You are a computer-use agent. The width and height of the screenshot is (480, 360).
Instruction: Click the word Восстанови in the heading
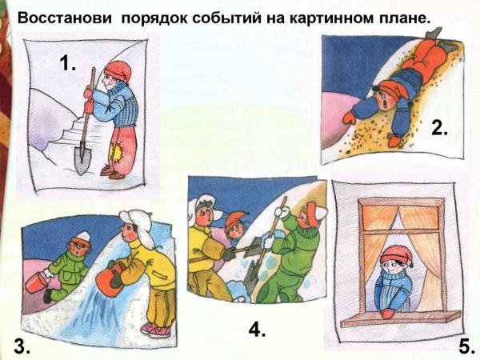[x=64, y=18]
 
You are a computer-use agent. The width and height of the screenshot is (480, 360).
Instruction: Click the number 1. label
[x=68, y=64]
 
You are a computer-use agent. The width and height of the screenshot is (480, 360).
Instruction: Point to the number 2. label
[x=439, y=127]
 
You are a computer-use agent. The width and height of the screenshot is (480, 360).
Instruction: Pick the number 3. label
[x=22, y=346]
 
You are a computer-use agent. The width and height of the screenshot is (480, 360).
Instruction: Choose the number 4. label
[x=257, y=330]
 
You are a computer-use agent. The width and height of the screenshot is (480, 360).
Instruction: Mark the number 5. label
[x=467, y=348]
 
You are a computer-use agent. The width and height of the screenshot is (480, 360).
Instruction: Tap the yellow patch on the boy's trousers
[x=116, y=153]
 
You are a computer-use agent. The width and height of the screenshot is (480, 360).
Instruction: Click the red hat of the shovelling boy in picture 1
[x=118, y=70]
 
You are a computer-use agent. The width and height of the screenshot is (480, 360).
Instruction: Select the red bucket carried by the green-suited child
[x=36, y=282]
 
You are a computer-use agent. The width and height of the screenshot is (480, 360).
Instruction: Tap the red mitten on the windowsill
[x=387, y=314]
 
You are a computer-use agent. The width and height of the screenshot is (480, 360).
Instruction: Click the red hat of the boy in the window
[x=396, y=254]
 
